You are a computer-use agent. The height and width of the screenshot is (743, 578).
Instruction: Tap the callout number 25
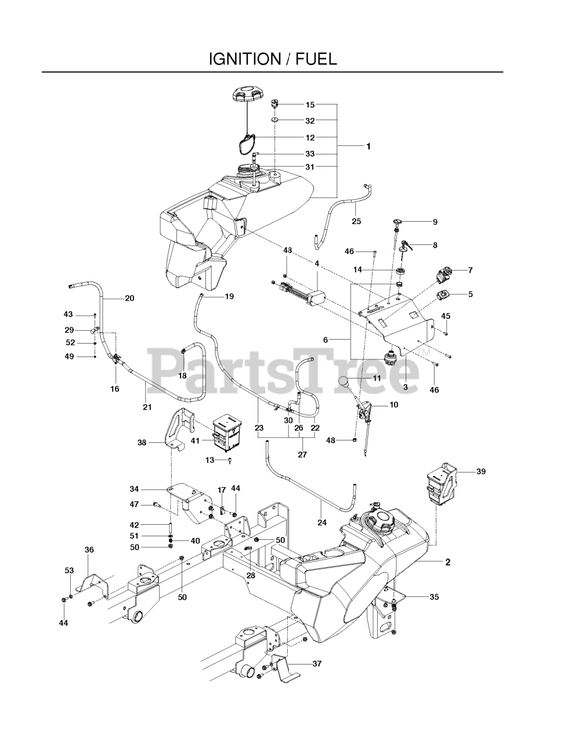356,221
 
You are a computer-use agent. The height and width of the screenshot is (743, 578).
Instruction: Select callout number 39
481,471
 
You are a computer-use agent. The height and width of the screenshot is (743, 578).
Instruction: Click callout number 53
70,571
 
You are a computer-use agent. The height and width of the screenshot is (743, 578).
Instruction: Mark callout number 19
229,296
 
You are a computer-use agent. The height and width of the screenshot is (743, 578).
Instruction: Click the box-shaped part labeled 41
227,432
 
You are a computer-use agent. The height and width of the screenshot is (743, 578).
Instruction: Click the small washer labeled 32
275,120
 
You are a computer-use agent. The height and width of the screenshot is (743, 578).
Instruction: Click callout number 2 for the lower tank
447,562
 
